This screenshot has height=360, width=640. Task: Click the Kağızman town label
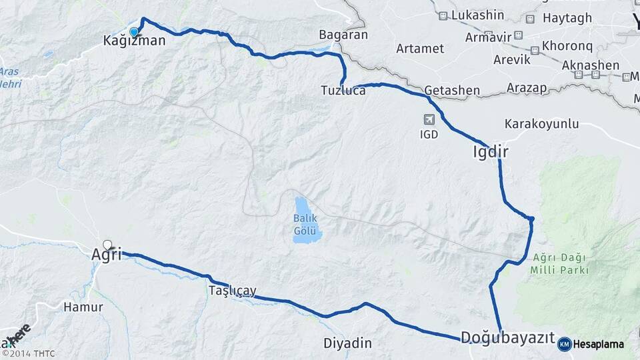[133, 41]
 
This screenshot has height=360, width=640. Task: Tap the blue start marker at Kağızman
[134, 32]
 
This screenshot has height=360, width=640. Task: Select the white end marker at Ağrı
[107, 245]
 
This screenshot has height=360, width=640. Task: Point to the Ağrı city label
[107, 255]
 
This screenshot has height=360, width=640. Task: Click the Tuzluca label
[343, 90]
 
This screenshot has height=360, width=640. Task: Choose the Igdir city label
[491, 152]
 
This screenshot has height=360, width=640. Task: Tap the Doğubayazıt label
[507, 338]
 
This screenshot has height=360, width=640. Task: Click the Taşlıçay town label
[232, 291]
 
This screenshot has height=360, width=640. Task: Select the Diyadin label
[347, 343]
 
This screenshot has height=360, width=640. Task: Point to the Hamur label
[83, 307]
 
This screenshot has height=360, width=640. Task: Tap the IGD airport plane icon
[429, 120]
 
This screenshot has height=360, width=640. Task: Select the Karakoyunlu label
[541, 124]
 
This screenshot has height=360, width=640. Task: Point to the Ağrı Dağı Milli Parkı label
[560, 264]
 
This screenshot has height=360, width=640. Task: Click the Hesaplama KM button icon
[564, 344]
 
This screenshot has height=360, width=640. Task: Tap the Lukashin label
[477, 15]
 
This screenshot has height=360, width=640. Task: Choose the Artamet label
[420, 49]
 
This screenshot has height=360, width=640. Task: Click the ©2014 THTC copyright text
[28, 353]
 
